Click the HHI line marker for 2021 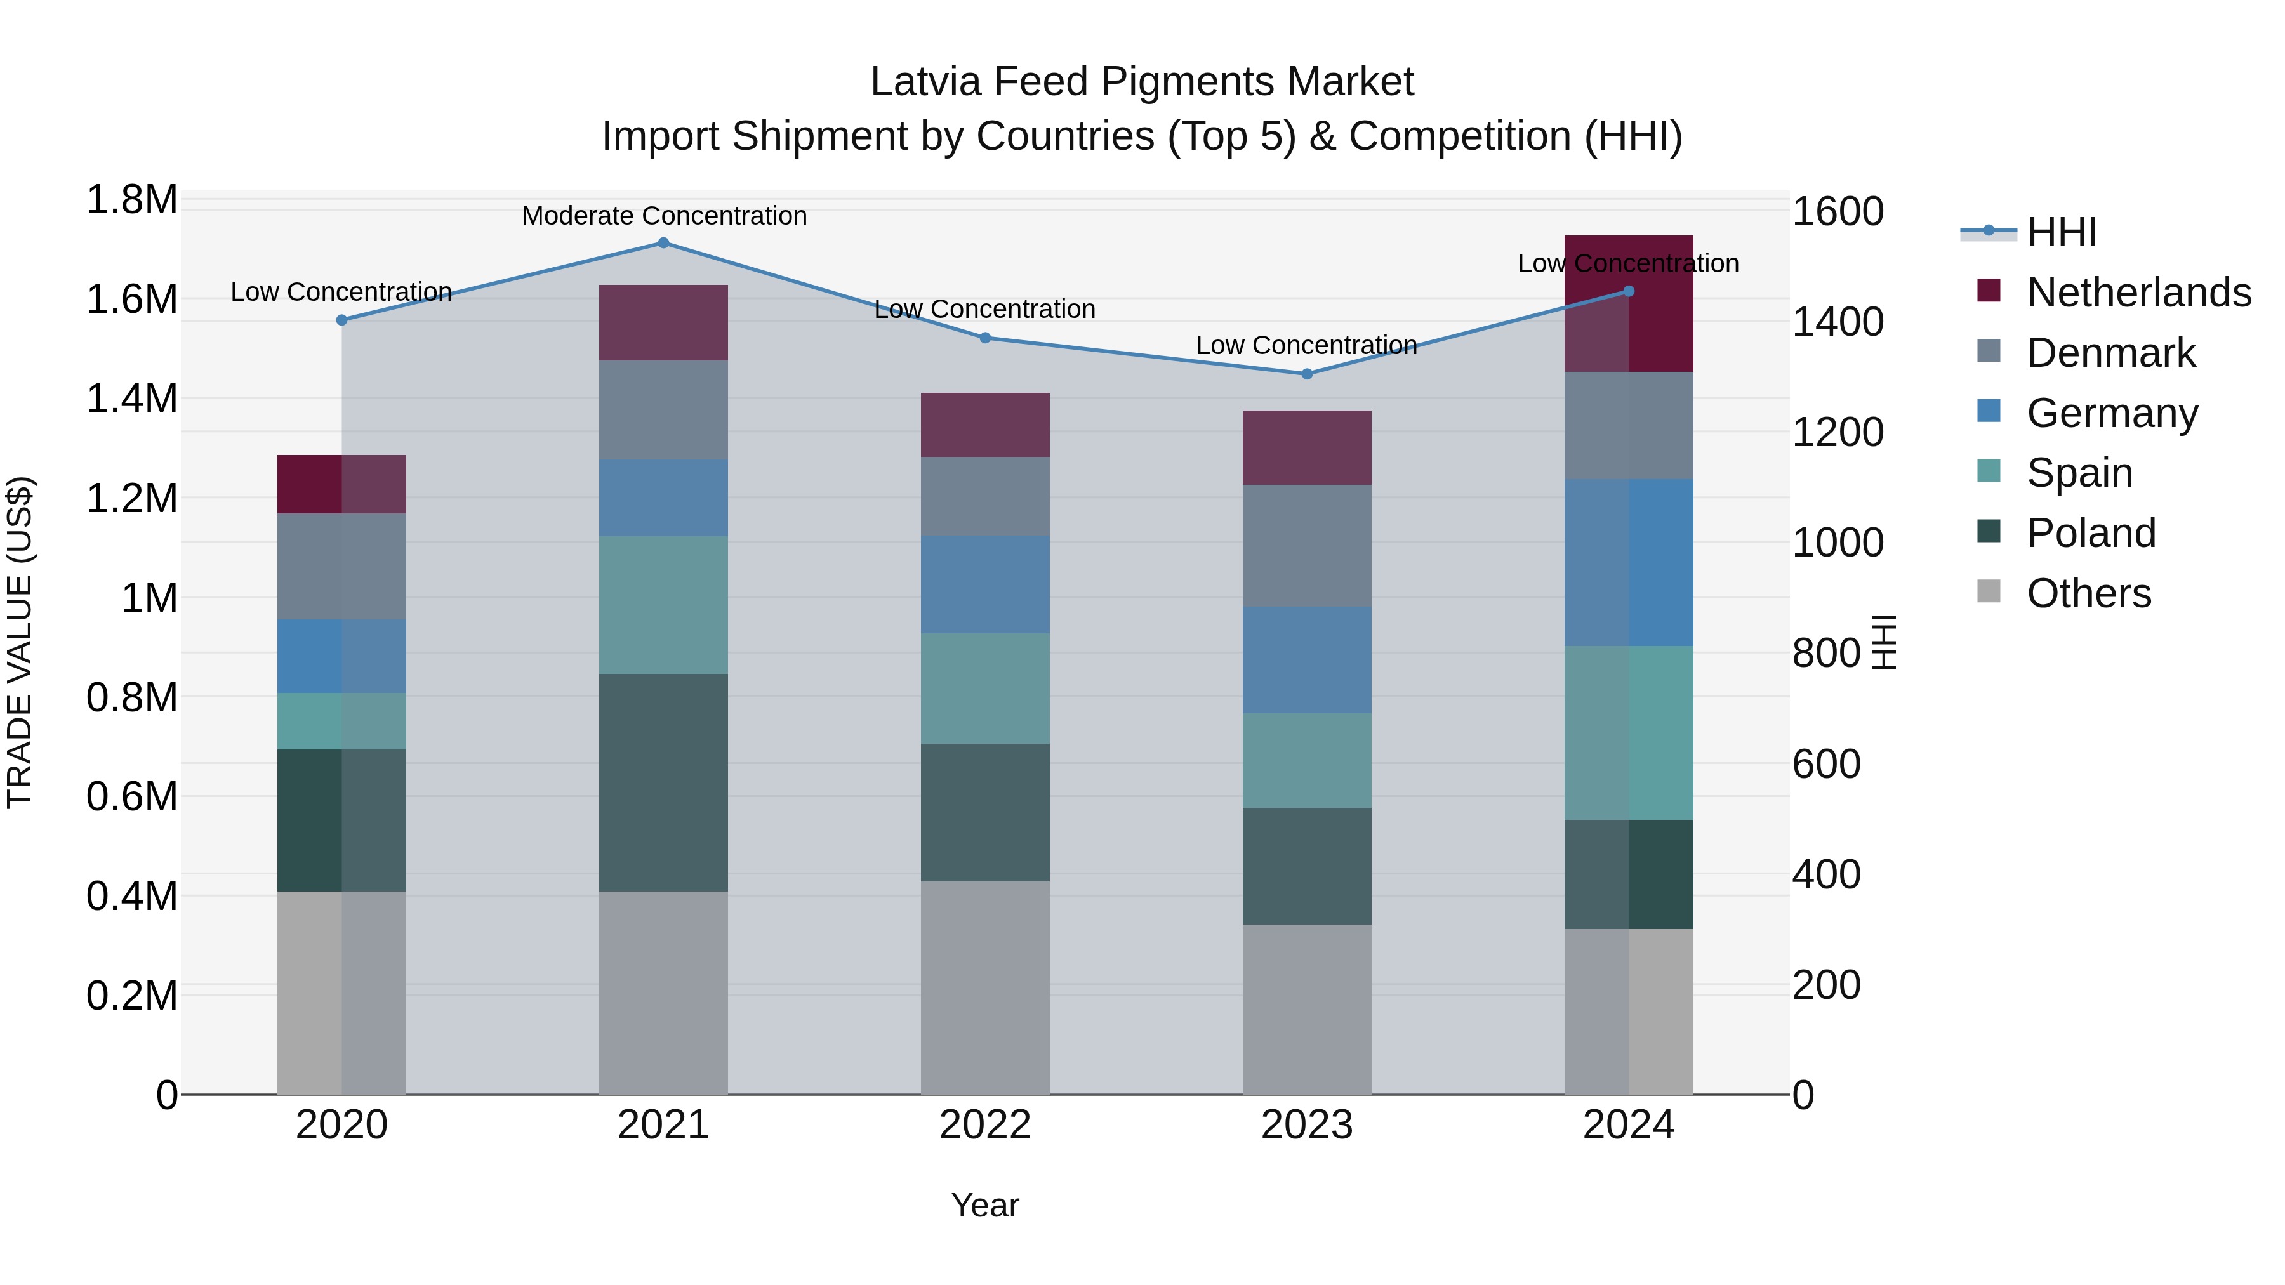click(x=663, y=243)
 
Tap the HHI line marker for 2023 click(x=1307, y=374)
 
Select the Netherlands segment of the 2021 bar click(x=663, y=323)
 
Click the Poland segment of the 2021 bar click(x=663, y=782)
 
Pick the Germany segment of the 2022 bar click(x=984, y=584)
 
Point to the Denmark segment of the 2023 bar click(x=1307, y=545)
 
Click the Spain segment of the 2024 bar click(x=1629, y=732)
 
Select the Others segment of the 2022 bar click(x=984, y=987)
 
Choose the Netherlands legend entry click(x=2138, y=293)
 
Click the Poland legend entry click(x=2091, y=533)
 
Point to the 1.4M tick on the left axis click(x=131, y=399)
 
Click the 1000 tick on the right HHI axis click(x=1837, y=543)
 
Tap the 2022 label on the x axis click(x=984, y=1125)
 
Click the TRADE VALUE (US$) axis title click(x=20, y=642)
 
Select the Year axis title click(x=984, y=1205)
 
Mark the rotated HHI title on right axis click(x=1884, y=642)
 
